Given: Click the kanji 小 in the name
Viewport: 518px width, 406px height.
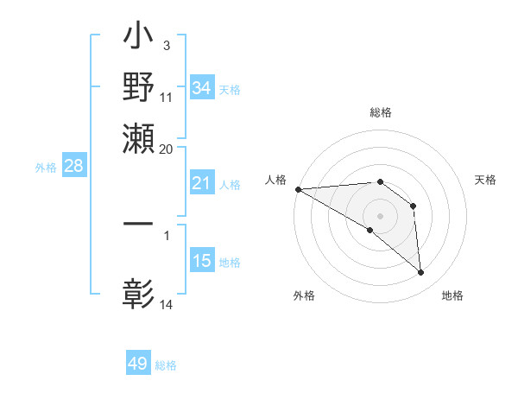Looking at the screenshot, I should (x=139, y=40).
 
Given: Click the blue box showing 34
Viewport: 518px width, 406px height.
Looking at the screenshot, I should (x=202, y=88).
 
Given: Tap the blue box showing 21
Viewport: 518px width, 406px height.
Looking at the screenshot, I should (x=202, y=183).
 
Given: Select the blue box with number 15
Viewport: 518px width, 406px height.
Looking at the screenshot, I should (x=202, y=261).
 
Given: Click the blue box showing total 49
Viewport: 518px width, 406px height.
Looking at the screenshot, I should (x=138, y=364).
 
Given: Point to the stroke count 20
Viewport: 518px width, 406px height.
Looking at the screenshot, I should (x=167, y=149).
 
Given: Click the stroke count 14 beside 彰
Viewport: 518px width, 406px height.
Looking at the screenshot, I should (x=167, y=304).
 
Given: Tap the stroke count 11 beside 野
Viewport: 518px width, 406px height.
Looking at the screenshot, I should (x=167, y=97).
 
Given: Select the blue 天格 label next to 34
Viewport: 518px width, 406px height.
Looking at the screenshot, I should (x=230, y=89).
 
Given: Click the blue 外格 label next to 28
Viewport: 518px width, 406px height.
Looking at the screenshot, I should (x=46, y=168).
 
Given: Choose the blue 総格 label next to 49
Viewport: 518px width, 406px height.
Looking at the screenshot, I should (x=166, y=365).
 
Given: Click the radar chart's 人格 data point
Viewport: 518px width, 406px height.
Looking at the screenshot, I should (x=298, y=189).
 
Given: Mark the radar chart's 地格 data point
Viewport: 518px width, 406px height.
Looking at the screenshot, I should (x=420, y=272).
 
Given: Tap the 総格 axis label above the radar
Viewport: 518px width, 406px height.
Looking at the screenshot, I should (x=381, y=112).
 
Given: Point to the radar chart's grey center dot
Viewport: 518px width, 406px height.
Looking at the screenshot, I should (x=381, y=215).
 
